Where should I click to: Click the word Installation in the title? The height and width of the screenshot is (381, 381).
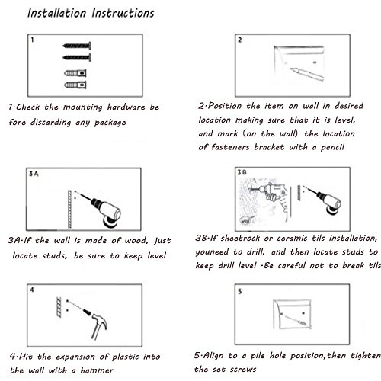coord(57,13)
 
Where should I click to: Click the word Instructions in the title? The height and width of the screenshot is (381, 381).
coord(123,13)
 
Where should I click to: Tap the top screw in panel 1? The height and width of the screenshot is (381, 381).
coord(77,46)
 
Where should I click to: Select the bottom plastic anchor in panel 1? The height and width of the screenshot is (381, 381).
coord(75,85)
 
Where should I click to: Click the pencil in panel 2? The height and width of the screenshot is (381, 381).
coord(307,74)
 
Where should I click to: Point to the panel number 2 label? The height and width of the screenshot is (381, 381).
coord(239,40)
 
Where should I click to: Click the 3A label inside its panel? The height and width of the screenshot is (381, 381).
coord(34,174)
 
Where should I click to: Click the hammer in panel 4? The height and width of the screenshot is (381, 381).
coord(98,326)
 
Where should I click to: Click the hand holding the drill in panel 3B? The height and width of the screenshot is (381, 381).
coord(271,197)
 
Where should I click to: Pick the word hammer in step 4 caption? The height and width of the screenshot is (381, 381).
coord(97,370)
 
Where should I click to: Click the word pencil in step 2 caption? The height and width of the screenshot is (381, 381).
coord(332,147)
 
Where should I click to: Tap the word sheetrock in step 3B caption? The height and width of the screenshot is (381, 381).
coord(240,239)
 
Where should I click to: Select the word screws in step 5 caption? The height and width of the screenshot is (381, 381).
coord(243,369)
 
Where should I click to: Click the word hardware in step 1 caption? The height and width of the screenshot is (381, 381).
coord(126,107)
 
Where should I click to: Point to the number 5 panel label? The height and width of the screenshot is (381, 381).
coord(239,291)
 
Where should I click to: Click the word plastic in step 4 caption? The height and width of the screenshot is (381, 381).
coord(126,357)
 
